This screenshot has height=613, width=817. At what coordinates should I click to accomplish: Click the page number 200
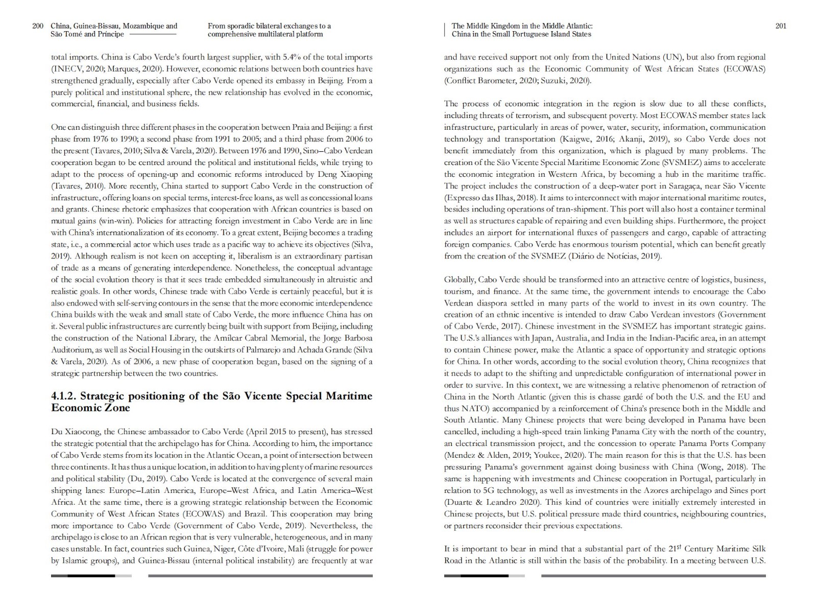(x=38, y=26)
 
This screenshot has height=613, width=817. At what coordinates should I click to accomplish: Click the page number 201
(x=781, y=26)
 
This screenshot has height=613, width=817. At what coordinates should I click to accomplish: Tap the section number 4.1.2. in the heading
(x=64, y=396)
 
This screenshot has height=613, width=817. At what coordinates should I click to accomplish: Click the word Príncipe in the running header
(x=110, y=34)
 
